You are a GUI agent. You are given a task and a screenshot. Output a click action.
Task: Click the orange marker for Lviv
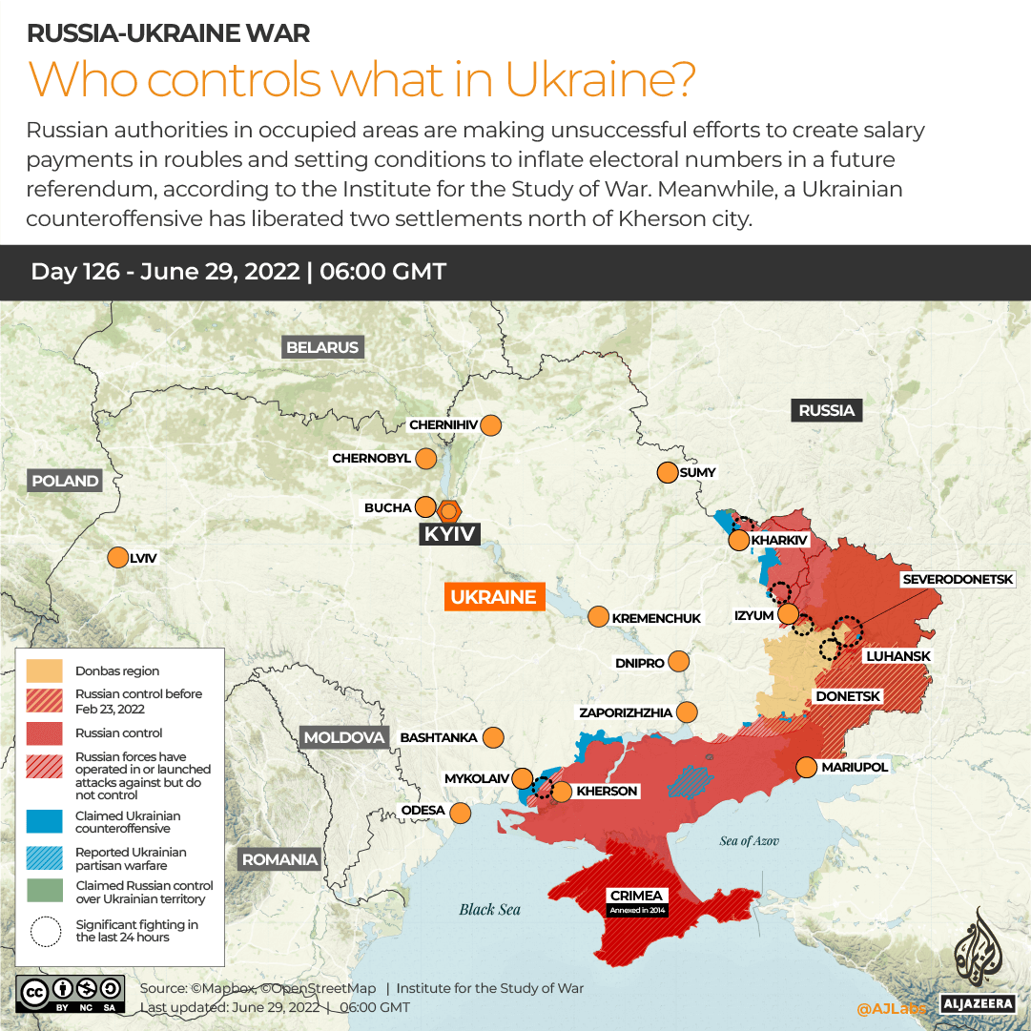pyautogui.click(x=117, y=558)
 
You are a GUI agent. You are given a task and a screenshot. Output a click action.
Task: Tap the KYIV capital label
pyautogui.click(x=449, y=534)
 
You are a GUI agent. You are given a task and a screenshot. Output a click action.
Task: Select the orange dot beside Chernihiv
pyautogui.click(x=491, y=425)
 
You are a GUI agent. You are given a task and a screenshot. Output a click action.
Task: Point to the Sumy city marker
pyautogui.click(x=667, y=472)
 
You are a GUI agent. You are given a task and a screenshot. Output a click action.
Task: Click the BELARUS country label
pyautogui.click(x=322, y=347)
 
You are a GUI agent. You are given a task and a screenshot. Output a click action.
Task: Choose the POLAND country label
pyautogui.click(x=65, y=481)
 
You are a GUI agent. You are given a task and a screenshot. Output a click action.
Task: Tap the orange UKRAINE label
pyautogui.click(x=493, y=597)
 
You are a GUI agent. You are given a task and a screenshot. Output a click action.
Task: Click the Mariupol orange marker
pyautogui.click(x=806, y=767)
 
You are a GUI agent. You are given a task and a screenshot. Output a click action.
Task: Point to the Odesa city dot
pyautogui.click(x=460, y=813)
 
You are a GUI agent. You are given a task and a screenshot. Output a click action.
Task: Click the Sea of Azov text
pyautogui.click(x=749, y=840)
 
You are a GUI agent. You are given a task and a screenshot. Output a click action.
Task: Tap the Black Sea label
pyautogui.click(x=489, y=909)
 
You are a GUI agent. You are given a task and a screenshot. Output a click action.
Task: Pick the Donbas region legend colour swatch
pyautogui.click(x=45, y=670)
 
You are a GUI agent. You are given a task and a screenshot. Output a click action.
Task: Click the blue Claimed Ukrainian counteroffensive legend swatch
pyautogui.click(x=45, y=821)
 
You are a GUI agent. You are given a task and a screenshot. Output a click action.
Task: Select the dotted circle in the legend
pyautogui.click(x=45, y=930)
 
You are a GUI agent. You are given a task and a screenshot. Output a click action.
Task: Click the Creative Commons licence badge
pyautogui.click(x=70, y=992)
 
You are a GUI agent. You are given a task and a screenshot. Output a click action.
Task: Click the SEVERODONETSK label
pyautogui.click(x=964, y=579)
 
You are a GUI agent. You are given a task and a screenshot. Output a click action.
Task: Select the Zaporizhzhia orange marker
pyautogui.click(x=686, y=711)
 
